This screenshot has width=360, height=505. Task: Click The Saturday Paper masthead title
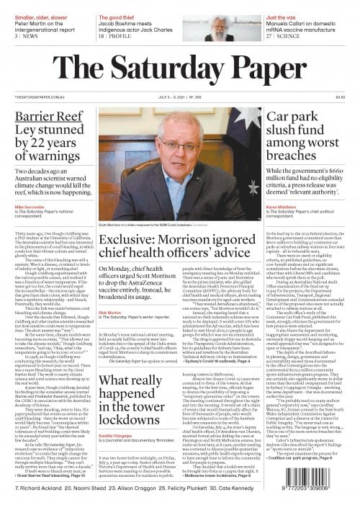179,59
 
